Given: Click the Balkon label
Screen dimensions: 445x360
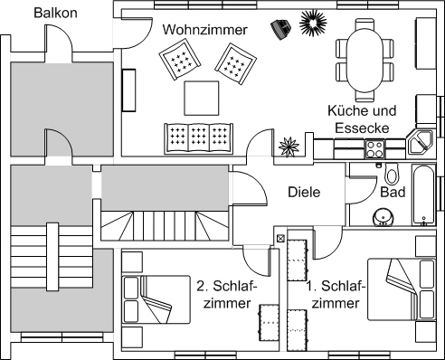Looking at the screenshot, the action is [55, 13].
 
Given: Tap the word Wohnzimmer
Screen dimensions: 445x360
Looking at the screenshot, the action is [205, 30].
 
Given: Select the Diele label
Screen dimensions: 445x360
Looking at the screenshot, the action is [304, 192].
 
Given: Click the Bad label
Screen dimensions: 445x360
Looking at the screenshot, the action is [393, 192].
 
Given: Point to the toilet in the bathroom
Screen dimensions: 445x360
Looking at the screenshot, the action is [392, 174].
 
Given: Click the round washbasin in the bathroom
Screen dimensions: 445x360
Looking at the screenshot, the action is [383, 217].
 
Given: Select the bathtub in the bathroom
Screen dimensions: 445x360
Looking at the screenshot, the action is [424, 194].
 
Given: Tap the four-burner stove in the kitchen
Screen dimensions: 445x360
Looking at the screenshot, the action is [374, 149].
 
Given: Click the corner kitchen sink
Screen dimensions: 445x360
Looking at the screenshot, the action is [420, 143].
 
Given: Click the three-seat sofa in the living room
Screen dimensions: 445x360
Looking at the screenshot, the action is [199, 138].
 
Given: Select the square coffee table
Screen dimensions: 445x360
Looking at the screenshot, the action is [202, 98].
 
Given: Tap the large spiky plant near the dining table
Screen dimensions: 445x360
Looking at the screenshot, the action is [313, 23].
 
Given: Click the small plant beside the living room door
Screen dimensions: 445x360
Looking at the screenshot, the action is [289, 147].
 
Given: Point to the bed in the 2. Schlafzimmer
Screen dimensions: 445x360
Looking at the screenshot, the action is [156, 299].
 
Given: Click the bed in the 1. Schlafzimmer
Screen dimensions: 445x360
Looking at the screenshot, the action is [402, 289].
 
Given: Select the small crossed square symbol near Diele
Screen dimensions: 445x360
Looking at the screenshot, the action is [280, 239].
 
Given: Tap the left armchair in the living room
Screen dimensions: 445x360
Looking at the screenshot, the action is [180, 61].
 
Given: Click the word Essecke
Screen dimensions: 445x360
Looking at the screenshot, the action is [362, 128].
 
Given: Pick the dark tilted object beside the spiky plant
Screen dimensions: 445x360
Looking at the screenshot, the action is [281, 29].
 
